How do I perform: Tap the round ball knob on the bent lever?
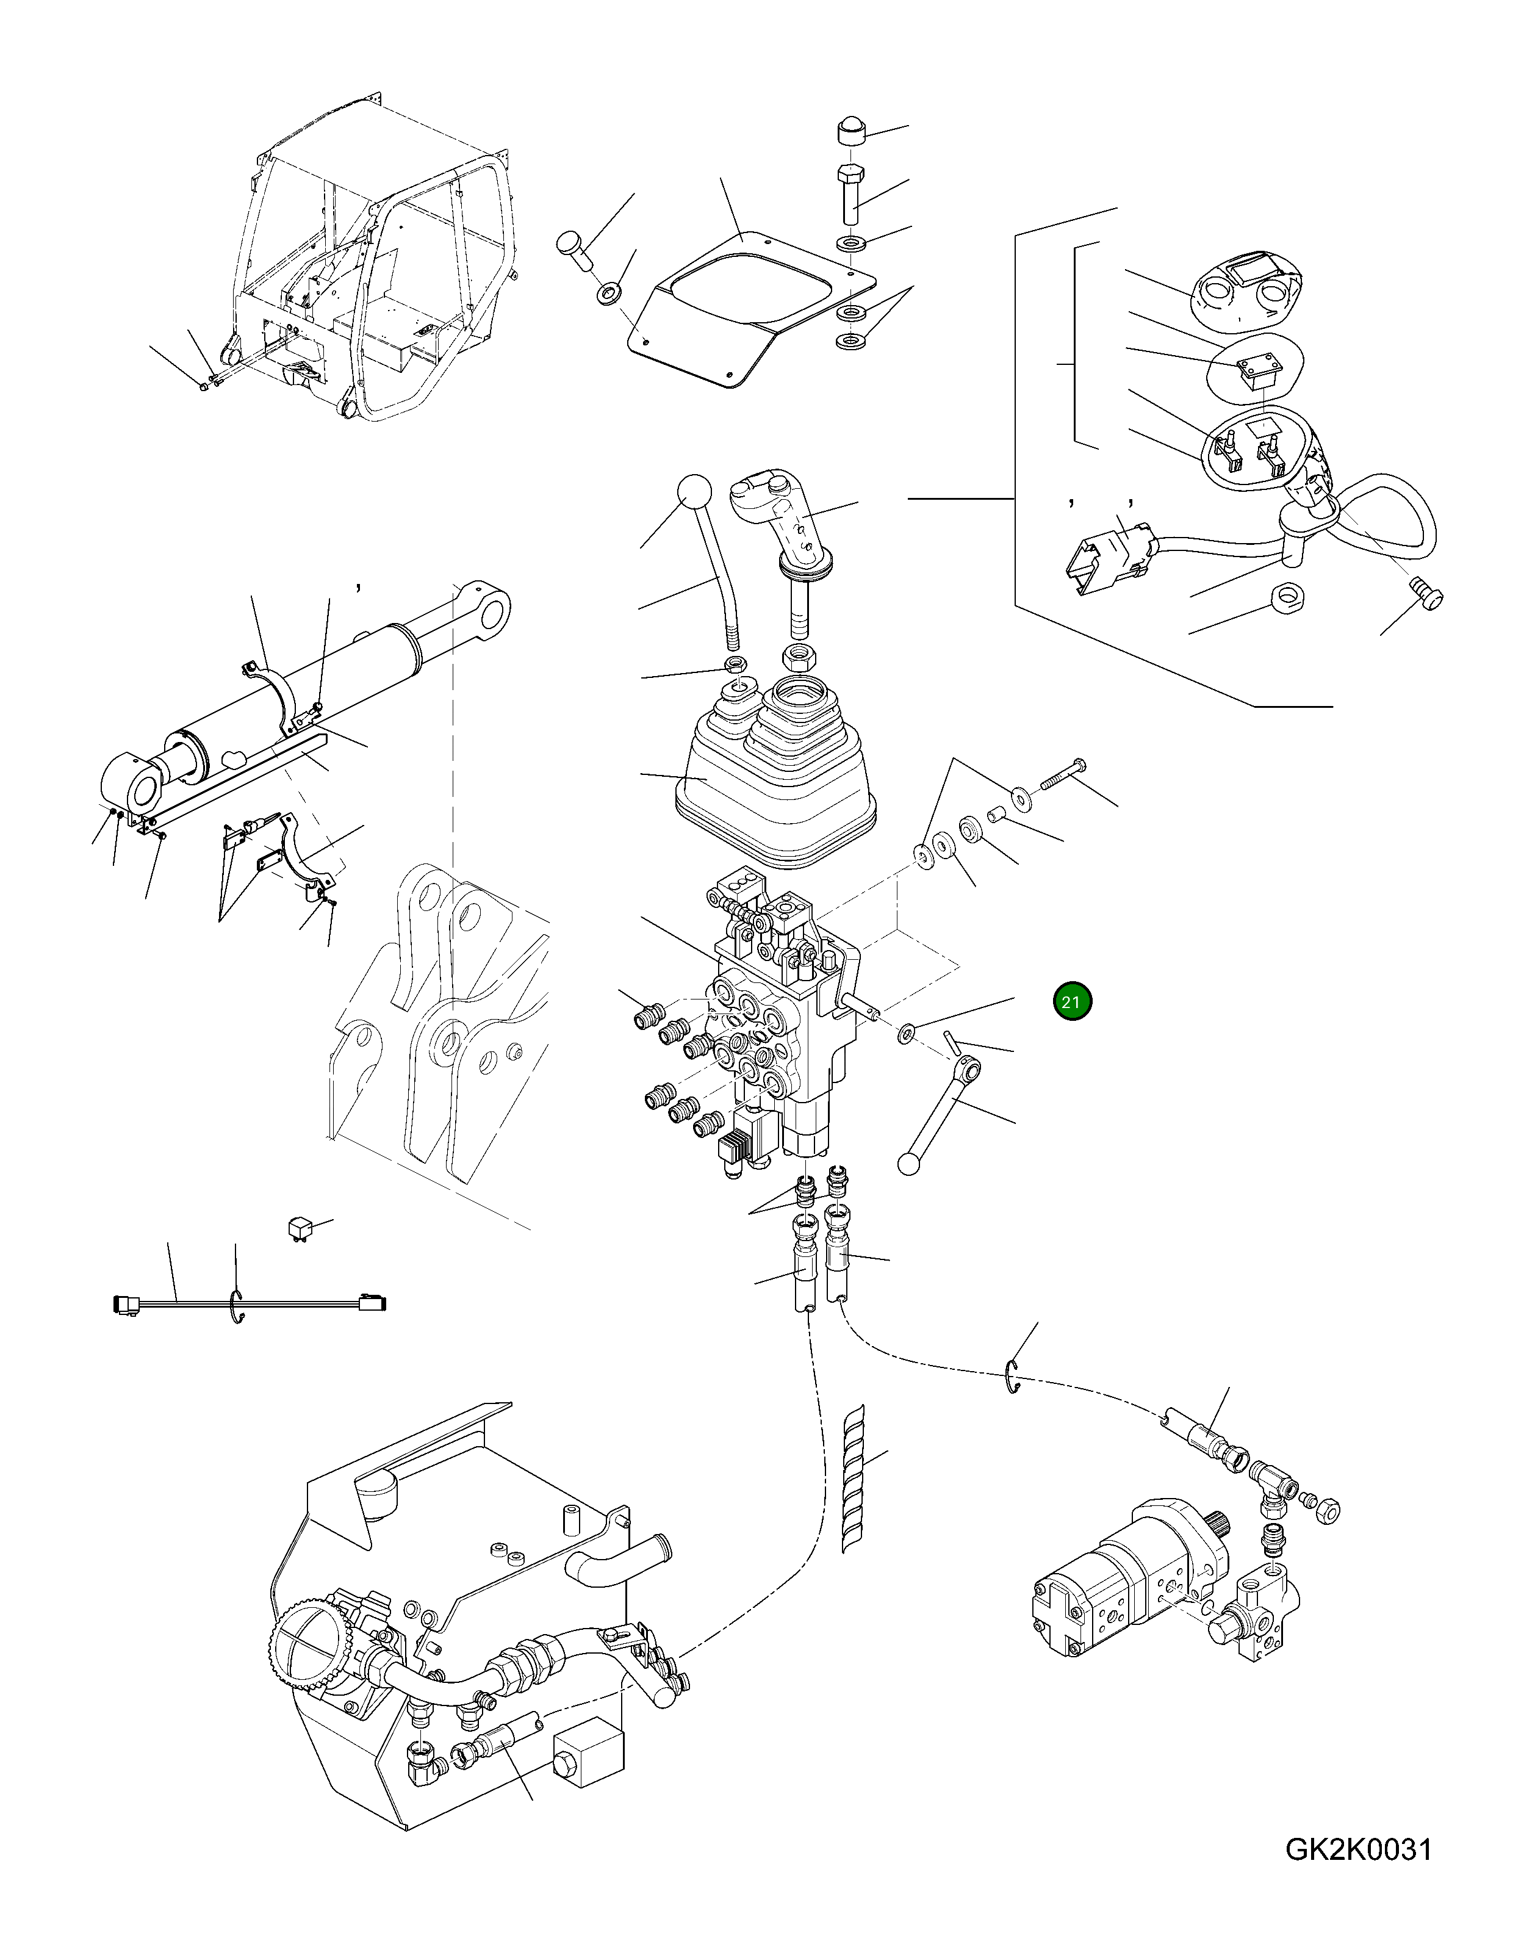coord(693,494)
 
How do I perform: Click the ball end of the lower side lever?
coord(910,1164)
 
